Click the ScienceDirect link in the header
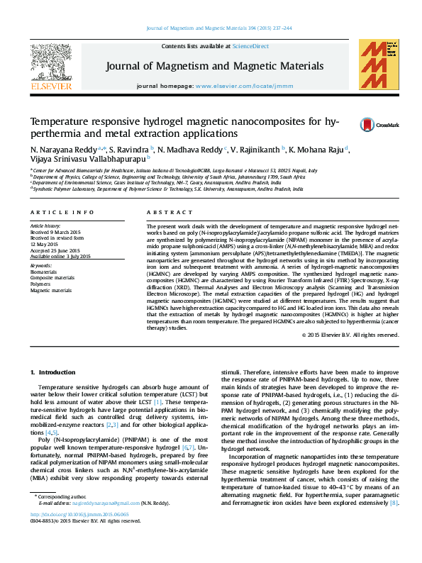[x=252, y=47]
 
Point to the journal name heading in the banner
[x=215, y=66]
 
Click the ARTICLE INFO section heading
[x=62, y=212]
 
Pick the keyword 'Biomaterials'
[x=45, y=271]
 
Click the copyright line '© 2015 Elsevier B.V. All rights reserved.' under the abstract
[x=350, y=335]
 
